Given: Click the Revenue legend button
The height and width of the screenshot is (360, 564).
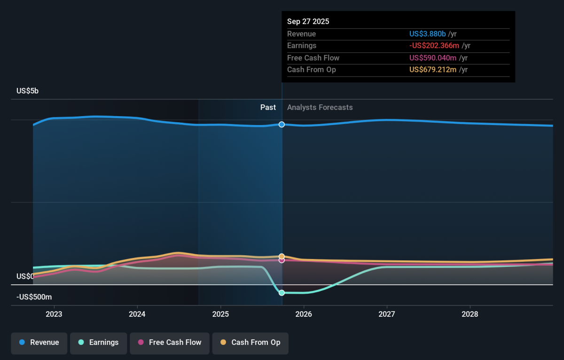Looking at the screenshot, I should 39,343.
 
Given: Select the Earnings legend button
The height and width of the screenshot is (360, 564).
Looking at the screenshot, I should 99,343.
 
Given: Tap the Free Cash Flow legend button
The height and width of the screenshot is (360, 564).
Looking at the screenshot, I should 169,343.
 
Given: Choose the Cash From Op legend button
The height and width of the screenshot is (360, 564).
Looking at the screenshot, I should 250,343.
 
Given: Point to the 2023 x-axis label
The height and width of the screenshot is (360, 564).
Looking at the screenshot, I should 54,314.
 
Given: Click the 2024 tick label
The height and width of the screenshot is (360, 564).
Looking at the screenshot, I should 137,314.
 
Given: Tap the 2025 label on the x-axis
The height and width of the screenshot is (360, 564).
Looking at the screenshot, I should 220,314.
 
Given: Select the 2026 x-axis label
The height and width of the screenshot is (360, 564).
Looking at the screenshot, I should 304,314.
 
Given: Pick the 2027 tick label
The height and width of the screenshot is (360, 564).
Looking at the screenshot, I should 387,314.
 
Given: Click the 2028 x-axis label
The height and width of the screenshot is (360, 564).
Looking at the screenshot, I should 470,314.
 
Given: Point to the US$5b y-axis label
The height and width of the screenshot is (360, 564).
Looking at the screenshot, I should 27,91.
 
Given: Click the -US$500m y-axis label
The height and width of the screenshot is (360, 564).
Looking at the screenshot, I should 34,297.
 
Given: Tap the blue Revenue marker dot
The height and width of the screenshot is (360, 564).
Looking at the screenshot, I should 282,125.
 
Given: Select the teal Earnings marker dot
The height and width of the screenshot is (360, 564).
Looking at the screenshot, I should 282,293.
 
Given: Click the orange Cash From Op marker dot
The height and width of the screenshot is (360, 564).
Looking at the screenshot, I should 282,257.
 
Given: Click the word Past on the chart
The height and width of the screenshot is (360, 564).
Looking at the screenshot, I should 268,108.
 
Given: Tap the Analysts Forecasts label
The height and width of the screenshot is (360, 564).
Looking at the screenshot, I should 320,108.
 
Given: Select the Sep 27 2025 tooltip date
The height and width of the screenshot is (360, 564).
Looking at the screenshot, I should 308,22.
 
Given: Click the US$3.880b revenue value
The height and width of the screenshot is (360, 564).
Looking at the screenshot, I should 427,34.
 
